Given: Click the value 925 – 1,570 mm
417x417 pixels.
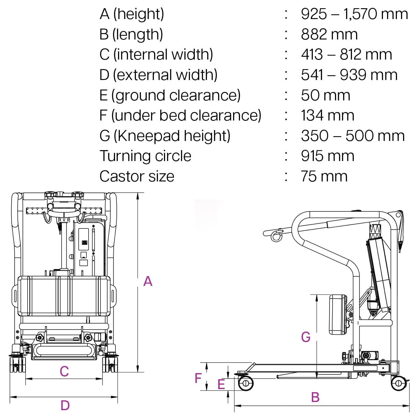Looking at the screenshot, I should tap(354, 14).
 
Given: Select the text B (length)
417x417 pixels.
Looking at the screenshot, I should tap(131, 34).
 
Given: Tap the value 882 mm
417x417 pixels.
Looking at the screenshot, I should tap(329, 34).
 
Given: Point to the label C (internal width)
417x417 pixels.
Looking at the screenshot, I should tap(156, 55).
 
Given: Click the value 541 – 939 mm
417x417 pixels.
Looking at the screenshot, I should tap(349, 75).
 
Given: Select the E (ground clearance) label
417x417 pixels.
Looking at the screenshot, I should tap(170, 95).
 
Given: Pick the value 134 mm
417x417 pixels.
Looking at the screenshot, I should tap(327, 115).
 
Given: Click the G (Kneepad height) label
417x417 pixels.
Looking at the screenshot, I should tap(165, 136).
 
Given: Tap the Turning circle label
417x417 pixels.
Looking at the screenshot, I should tap(145, 156).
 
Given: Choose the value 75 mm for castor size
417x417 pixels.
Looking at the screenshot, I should tap(324, 176).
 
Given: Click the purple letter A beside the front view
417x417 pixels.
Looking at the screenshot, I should tap(148, 282).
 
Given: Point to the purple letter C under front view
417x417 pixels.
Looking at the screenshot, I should tap(64, 371).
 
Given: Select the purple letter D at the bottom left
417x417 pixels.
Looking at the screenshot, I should tap(65, 405).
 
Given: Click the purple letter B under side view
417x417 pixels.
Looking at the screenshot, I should tap(315, 397).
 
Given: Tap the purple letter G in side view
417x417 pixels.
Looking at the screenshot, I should tap(306, 337).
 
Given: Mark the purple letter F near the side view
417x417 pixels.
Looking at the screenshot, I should tap(198, 378).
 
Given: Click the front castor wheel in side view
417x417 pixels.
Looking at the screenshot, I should tap(245, 384).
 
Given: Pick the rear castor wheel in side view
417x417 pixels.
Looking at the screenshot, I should tap(398, 384).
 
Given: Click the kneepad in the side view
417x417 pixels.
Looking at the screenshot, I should tap(338, 315).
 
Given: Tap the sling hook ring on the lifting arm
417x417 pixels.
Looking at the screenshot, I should tap(276, 235).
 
